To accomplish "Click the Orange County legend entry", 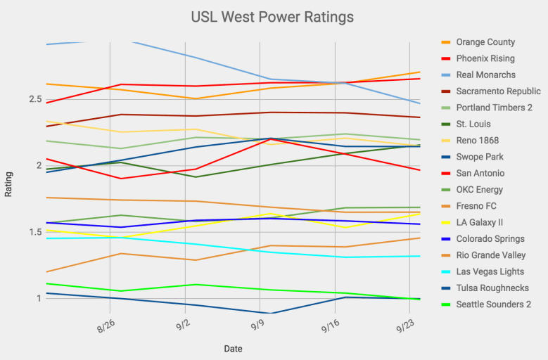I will (485, 42).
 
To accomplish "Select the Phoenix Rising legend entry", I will (485, 58).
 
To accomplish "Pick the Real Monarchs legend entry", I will (485, 75).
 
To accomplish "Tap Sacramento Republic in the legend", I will (497, 91).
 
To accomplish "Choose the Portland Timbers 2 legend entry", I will (494, 108).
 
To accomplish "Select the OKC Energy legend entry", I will (479, 190).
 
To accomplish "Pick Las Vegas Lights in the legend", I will (490, 271).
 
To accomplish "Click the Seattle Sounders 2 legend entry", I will (493, 304).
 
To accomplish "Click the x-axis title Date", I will (234, 349).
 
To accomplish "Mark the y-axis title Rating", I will (8, 184).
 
